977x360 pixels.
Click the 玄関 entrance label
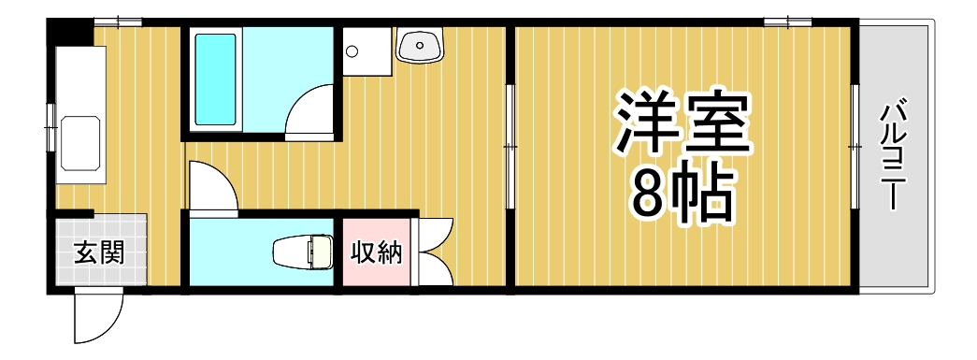98,252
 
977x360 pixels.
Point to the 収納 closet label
376,252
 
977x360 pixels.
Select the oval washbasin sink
420,44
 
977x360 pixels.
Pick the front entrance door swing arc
98,318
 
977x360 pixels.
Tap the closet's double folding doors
436,251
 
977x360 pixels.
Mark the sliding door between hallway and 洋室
510,146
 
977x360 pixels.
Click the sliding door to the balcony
855,146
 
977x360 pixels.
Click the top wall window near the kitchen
118,22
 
